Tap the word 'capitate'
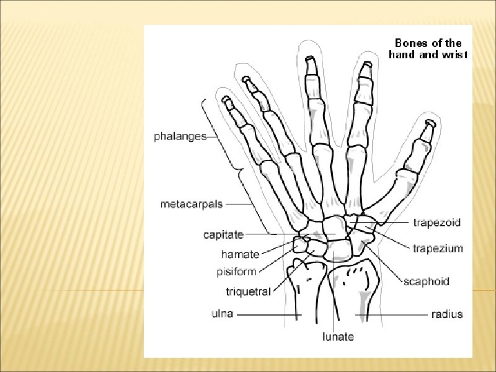[223, 234]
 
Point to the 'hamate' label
[240, 254]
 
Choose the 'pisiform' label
[236, 272]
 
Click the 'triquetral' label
[248, 291]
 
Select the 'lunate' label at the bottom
[337, 337]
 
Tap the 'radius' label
[446, 314]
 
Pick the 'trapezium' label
[438, 249]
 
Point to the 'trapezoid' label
[437, 222]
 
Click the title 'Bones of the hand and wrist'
[428, 48]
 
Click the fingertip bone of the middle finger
[312, 65]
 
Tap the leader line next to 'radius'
[391, 315]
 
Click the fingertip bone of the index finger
[366, 71]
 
